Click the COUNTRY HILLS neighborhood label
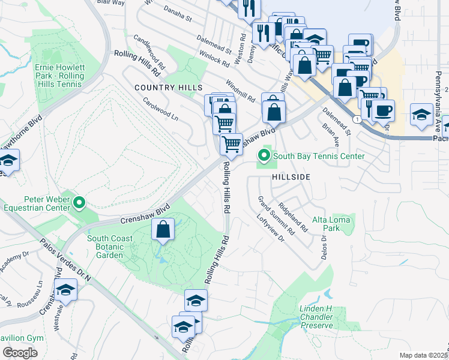[168, 88]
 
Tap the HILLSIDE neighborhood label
[291, 178]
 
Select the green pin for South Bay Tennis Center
[264, 157]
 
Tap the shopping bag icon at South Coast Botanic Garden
[163, 229]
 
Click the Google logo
[20, 353]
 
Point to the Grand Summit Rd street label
[276, 215]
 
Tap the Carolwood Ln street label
[160, 107]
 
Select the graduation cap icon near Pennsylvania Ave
[421, 116]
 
